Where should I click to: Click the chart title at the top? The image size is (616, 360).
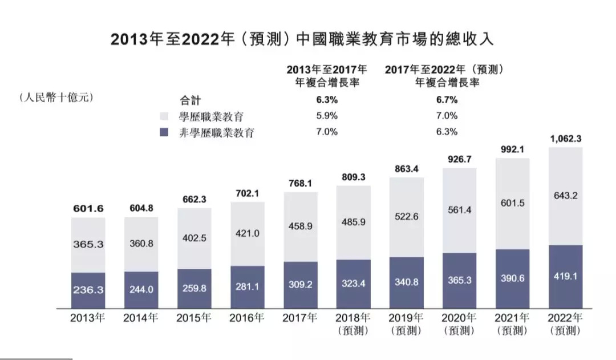[302, 39]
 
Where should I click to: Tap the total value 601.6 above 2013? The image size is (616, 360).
[88, 209]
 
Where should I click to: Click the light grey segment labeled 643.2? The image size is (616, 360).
[565, 195]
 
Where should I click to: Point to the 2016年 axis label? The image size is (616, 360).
[247, 318]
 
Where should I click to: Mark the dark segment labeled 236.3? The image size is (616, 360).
[88, 290]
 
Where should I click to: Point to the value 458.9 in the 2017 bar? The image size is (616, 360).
[300, 226]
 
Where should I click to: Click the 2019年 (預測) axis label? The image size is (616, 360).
[406, 323]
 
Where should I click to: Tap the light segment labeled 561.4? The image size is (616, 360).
[459, 211]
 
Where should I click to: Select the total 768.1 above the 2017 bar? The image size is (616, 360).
[300, 183]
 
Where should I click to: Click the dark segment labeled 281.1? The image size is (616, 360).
[247, 286]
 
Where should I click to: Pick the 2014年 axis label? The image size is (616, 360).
[141, 318]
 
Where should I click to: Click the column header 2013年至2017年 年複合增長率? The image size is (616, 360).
[327, 75]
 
